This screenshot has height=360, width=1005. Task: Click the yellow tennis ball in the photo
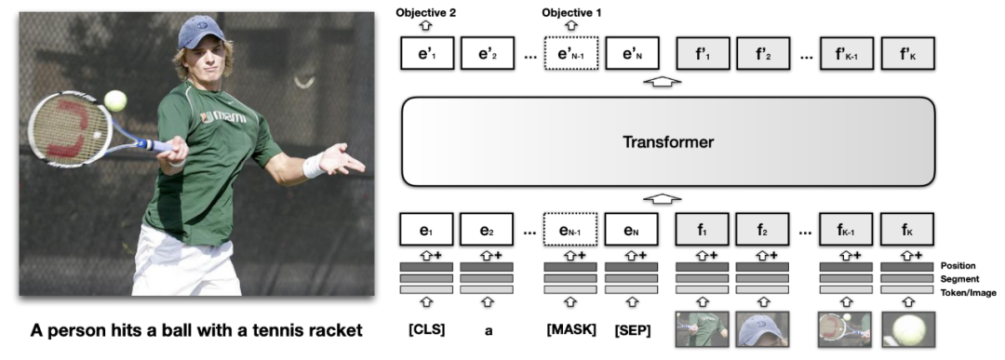115,100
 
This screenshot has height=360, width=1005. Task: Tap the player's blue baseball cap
201,32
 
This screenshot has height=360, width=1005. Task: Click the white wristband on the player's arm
314,165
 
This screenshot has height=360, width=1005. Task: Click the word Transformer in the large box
668,141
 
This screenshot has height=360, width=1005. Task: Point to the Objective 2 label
426,12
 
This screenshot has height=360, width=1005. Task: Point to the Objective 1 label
571,12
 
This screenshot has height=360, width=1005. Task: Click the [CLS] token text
426,330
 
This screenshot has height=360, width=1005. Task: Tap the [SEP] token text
632,330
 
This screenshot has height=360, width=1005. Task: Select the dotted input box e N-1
570,230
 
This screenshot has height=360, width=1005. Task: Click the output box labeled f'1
703,53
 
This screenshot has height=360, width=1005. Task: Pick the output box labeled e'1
427,53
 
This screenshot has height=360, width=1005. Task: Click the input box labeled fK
907,230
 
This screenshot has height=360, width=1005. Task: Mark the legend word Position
958,266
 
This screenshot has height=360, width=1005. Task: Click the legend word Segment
959,279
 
